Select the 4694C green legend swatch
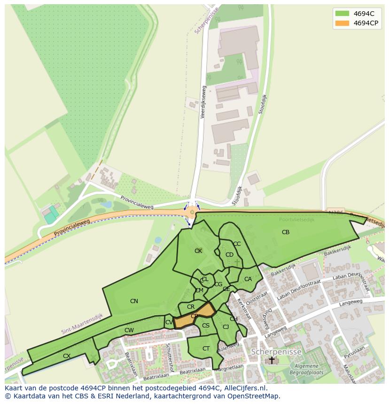point(342,14)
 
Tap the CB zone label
point(285,232)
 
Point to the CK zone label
point(198,251)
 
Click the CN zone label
point(134,301)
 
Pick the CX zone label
point(67,356)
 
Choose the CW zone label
point(129,330)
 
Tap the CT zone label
point(206,349)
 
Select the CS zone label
point(206,326)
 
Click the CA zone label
point(248,279)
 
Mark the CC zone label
point(237,244)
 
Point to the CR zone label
point(191,307)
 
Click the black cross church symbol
point(272,360)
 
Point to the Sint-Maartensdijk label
point(82,324)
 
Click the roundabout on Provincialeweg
point(191,213)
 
